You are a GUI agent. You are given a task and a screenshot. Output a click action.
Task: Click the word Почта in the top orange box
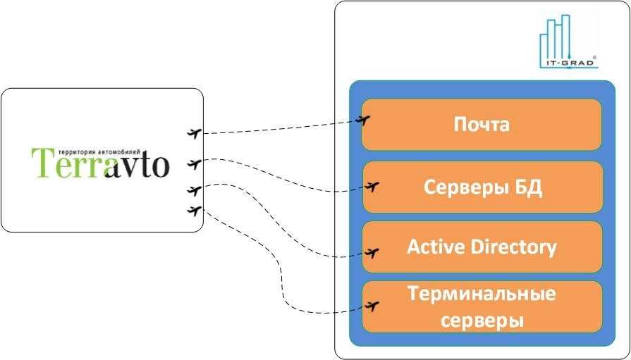[x=482, y=125]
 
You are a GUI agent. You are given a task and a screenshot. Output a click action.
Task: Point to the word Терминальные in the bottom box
[x=482, y=293]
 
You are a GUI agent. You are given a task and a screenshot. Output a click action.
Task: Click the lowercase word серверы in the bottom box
[x=482, y=321]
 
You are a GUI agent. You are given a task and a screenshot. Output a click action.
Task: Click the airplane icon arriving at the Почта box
[x=364, y=120]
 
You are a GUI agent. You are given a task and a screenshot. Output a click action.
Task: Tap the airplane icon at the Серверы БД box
[x=373, y=187]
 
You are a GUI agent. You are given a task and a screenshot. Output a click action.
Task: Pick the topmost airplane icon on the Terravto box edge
[x=195, y=132]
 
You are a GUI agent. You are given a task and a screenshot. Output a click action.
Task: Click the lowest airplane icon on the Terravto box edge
[x=195, y=209]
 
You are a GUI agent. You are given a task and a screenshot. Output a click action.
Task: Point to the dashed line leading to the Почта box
[x=282, y=128]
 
